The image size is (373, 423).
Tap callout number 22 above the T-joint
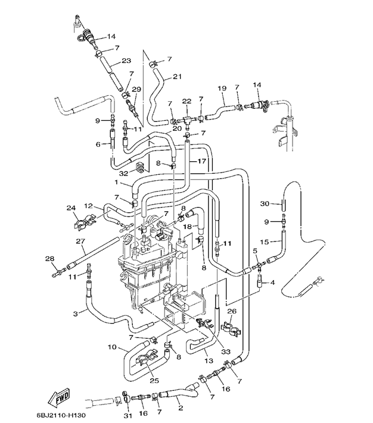click(186, 101)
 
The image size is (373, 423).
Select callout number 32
click(124, 174)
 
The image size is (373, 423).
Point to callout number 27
click(80, 241)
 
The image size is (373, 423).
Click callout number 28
click(49, 259)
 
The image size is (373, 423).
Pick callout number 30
click(265, 203)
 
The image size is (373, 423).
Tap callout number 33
click(226, 352)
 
